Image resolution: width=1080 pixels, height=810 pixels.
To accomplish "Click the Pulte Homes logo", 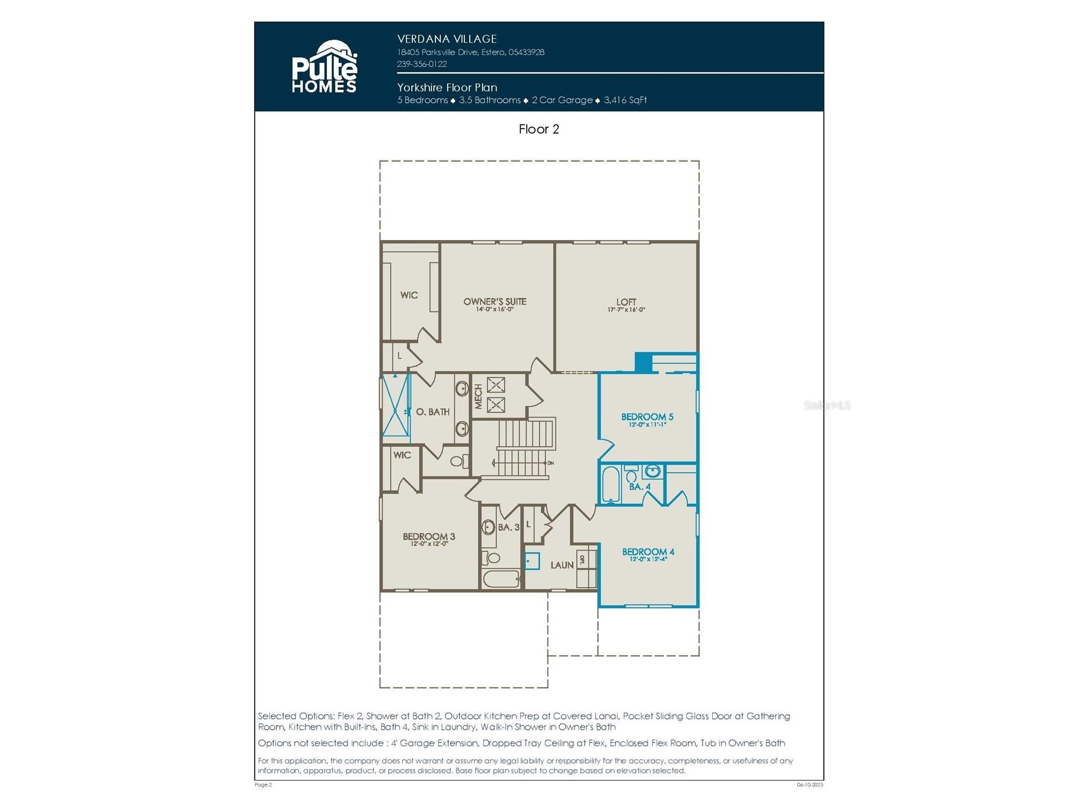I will (324, 67).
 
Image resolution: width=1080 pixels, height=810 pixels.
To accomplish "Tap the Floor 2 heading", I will (538, 129).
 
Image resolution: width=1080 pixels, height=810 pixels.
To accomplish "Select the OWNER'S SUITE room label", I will (494, 302).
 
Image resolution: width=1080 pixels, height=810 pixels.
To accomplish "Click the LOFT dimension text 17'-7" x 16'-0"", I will (626, 310).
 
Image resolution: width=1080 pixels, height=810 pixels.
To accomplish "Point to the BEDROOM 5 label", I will (647, 417).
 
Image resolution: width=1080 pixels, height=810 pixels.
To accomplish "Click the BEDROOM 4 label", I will (648, 551).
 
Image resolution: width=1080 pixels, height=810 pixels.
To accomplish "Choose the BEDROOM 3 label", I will (429, 537).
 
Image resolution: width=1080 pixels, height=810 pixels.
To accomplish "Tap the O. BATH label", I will (432, 412).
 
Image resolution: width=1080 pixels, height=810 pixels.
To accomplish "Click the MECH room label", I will (478, 396).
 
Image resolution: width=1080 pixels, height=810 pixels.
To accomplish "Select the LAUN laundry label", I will (561, 565).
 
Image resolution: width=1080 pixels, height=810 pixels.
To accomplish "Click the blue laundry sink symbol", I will (532, 561).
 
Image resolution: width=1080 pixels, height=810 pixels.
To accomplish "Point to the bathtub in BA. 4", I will (611, 484).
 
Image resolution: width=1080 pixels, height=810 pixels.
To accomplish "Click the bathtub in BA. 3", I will (501, 579).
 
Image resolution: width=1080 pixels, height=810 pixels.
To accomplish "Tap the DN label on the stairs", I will (551, 463).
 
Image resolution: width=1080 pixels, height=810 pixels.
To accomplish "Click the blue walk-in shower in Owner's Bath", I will (396, 406).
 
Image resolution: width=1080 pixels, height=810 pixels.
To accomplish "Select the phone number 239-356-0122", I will (422, 64).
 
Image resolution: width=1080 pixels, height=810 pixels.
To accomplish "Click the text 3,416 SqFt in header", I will (625, 100).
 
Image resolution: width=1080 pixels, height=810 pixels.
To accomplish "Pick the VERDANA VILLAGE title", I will (447, 39).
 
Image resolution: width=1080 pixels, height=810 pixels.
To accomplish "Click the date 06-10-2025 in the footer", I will (810, 785).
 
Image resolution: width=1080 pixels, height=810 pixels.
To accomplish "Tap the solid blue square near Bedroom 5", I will (643, 361).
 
